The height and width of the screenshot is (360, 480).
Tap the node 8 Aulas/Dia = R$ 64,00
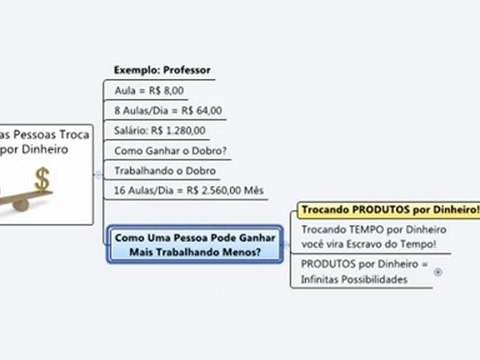168,110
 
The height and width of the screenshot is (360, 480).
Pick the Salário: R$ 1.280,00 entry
160,130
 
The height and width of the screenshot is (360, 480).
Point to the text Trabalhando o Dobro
160,170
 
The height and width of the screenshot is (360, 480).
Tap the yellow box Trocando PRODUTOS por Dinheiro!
389,212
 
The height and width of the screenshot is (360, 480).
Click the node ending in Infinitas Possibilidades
364,272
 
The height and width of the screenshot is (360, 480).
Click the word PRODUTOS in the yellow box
371,212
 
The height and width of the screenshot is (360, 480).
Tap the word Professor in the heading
185,70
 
